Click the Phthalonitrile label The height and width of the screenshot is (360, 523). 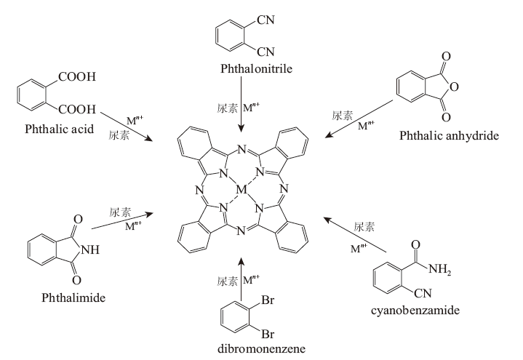pos(256,68)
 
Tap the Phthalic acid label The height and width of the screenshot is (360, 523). pos(60,129)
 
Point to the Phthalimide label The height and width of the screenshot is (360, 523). pos(73,297)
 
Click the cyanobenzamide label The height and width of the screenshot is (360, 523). pos(415,311)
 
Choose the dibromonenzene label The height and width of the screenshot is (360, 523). pos(262,348)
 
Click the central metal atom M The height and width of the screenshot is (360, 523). pos(241,190)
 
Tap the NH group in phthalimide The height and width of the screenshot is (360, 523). pos(90,249)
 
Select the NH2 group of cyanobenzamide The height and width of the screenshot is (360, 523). pos(440,269)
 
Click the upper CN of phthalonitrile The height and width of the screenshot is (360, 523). pos(266,20)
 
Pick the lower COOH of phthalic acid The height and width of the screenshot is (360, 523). pos(77,109)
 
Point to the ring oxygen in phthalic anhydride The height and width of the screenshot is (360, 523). pos(454,87)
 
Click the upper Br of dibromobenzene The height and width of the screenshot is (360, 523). pos(268,300)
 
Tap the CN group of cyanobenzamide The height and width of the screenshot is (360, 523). pos(423,293)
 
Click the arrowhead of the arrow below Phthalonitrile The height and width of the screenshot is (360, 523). pos(241,128)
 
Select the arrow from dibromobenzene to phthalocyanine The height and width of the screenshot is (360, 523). pos(241,279)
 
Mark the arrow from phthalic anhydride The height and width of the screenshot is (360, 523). pos(359,119)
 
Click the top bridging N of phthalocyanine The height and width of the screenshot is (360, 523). pos(241,150)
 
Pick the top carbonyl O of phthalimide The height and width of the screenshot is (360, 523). pos(77,219)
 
